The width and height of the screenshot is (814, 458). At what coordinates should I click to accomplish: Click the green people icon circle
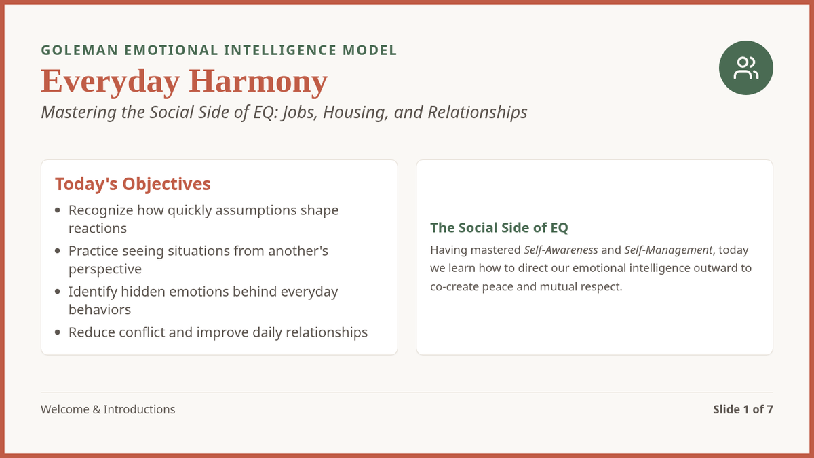pos(745,68)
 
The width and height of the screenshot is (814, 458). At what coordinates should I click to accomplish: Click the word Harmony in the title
pos(258,82)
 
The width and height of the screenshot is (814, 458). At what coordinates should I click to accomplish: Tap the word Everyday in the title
pos(111,82)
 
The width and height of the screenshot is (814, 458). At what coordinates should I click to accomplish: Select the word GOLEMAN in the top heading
pos(79,50)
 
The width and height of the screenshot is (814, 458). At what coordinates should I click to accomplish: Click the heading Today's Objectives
pos(133,184)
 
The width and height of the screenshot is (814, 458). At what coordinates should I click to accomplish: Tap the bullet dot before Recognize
pos(58,210)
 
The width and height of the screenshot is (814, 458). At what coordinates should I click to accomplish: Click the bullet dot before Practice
pos(58,251)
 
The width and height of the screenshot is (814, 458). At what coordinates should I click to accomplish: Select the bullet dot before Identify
pos(58,292)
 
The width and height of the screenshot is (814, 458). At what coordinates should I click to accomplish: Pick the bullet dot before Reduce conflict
pos(58,332)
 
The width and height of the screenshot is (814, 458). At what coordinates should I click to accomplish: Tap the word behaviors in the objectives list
pos(100,309)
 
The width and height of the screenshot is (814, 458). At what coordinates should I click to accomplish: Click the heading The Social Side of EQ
pos(499,227)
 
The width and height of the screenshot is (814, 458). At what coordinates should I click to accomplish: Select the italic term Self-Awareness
pos(561,250)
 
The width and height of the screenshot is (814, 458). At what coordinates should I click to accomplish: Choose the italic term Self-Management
pos(668,250)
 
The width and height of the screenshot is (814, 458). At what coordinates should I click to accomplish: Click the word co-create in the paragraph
pos(454,287)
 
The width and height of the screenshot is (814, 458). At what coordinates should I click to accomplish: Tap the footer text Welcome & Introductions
pos(108,409)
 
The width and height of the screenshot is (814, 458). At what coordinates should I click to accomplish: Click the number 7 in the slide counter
pos(770,409)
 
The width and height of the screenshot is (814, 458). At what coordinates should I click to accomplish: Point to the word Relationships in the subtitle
pos(478,113)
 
